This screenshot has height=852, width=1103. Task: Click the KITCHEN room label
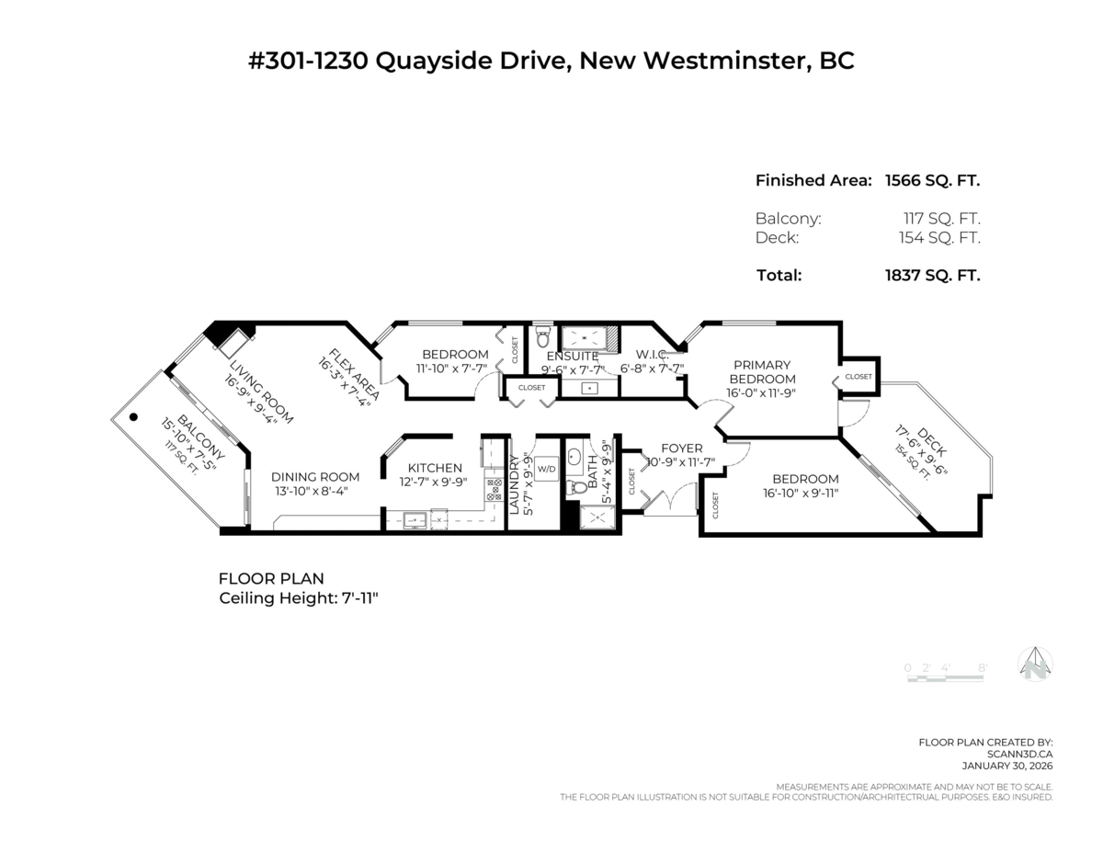pos(435,468)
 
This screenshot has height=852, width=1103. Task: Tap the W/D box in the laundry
pos(547,469)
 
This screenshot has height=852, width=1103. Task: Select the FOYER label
pos(682,448)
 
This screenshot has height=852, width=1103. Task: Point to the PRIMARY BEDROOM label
pos(760,372)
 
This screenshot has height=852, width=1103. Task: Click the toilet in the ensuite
pos(542,336)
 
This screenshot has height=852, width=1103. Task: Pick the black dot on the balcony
pos(134,416)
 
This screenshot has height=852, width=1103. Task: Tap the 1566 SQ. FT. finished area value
pos(932,180)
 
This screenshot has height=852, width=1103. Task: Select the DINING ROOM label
pos(315,477)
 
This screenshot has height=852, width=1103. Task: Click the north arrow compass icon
pos(1035,664)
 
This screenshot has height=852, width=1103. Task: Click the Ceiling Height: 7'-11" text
pos(299,597)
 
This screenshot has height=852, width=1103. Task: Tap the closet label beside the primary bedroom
pos(859,376)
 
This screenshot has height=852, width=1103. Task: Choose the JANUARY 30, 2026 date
pos(1007,766)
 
